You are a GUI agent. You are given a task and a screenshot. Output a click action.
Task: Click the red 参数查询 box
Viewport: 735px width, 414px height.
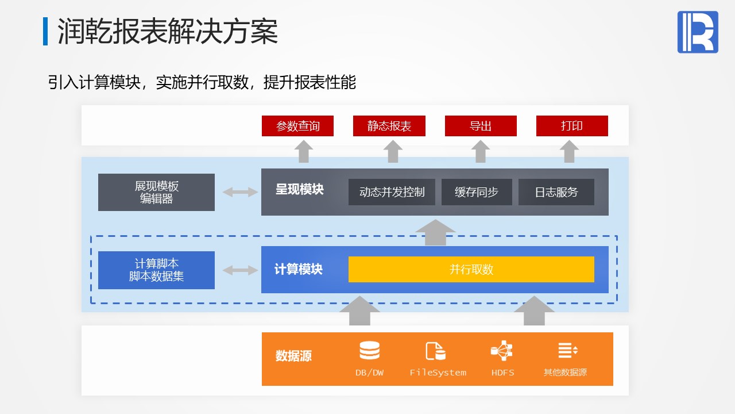coord(297,126)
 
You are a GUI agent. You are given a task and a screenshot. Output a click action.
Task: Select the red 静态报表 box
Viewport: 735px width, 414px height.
coord(389,126)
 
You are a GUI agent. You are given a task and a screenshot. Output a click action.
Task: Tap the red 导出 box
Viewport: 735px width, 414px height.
coord(481,126)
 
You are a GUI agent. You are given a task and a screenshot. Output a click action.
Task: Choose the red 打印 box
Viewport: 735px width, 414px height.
coord(572,126)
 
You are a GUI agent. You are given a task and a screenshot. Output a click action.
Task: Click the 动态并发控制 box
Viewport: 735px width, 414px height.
coord(392,192)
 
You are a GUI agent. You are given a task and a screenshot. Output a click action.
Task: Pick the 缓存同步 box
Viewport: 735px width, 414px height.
coord(477,192)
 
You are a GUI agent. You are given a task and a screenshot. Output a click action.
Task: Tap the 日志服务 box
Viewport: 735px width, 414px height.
coord(556,192)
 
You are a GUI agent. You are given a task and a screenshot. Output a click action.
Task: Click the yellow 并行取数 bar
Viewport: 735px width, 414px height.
coord(471,270)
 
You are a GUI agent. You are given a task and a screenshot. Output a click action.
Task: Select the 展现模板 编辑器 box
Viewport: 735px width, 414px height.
coord(156,192)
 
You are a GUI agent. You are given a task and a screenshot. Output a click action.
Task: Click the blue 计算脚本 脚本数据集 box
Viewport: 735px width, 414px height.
coord(156,270)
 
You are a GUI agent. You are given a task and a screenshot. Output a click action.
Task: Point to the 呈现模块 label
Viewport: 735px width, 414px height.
coord(299,189)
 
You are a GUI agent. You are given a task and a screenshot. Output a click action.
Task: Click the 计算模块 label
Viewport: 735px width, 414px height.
coord(298,269)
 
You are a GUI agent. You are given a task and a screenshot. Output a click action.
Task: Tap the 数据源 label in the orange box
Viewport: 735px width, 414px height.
coord(293,356)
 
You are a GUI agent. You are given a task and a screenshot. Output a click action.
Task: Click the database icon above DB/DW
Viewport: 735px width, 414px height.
coord(369,350)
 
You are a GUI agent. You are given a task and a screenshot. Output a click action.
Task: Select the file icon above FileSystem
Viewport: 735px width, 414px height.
coord(435,351)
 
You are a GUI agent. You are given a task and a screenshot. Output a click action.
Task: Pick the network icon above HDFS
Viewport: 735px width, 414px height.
coord(501,350)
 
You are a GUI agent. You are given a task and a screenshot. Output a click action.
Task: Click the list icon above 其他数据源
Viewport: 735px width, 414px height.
coord(568,350)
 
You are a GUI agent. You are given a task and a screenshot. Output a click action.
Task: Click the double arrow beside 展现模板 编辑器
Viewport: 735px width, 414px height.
coord(240,192)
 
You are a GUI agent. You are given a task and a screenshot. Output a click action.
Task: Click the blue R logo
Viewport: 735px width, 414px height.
coord(698,32)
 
